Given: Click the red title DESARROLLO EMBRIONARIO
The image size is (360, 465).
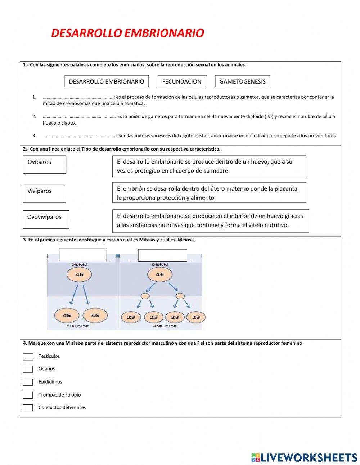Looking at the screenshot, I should (127, 33).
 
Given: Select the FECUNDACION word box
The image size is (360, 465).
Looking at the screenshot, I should (182, 81).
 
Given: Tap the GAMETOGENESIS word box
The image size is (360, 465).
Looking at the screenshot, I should (242, 81).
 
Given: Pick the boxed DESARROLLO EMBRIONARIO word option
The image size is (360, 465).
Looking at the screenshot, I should (106, 81).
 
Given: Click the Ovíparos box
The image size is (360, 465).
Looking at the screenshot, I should (45, 164).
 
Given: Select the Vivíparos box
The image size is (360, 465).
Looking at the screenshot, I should (45, 193).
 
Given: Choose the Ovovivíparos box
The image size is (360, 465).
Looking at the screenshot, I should (46, 219).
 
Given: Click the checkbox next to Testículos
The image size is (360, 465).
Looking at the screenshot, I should (28, 357).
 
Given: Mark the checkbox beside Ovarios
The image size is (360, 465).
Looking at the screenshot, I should (28, 369).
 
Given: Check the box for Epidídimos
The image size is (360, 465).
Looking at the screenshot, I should (28, 382).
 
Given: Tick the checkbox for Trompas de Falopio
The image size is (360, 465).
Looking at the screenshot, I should (28, 395).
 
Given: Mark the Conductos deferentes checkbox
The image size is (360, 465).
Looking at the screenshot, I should (28, 408).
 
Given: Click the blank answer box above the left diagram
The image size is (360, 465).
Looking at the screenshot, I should (82, 255).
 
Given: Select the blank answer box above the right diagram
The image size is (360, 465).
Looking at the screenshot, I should (162, 255).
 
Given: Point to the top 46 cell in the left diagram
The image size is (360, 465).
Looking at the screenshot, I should (79, 275).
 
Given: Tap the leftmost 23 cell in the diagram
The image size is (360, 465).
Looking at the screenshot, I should (131, 317).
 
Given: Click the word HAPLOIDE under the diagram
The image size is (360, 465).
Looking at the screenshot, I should (165, 326).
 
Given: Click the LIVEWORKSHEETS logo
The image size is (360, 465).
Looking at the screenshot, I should (304, 457).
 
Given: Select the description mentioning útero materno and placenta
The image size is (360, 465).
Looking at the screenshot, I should (209, 193).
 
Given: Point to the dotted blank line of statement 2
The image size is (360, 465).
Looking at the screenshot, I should (78, 117).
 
